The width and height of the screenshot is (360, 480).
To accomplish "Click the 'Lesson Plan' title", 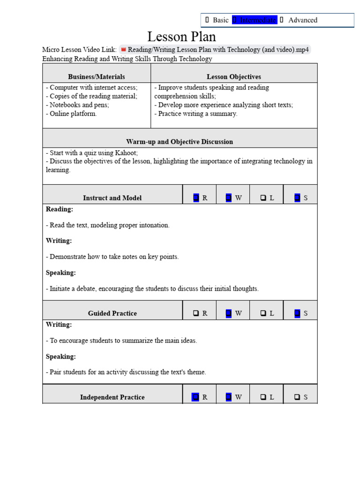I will click(181, 37).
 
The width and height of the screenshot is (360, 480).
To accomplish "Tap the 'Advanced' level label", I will click(302, 20).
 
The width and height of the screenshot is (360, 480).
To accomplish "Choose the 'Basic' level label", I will click(220, 20).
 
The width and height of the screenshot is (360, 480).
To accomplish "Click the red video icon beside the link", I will click(124, 50).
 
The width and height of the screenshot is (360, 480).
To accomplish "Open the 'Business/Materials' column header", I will click(97, 76).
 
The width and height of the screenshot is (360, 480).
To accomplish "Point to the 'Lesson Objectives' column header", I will click(233, 76).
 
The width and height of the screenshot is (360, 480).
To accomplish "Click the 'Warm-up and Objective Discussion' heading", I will click(180, 142).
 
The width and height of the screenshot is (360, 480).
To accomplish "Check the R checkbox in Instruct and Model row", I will click(196, 198).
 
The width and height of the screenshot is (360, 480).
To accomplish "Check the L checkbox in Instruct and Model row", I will click(263, 198).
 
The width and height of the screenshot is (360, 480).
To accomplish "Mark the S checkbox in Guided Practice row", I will click(297, 313).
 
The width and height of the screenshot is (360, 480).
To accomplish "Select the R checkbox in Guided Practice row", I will click(196, 313).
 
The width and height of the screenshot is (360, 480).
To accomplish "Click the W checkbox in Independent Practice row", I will click(229, 397).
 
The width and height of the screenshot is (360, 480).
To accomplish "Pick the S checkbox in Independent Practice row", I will click(297, 397).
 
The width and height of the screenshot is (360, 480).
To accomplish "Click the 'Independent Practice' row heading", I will click(112, 397).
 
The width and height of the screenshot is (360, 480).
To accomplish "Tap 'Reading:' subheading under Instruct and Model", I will click(59, 209).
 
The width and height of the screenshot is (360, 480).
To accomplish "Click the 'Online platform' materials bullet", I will click(72, 113).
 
